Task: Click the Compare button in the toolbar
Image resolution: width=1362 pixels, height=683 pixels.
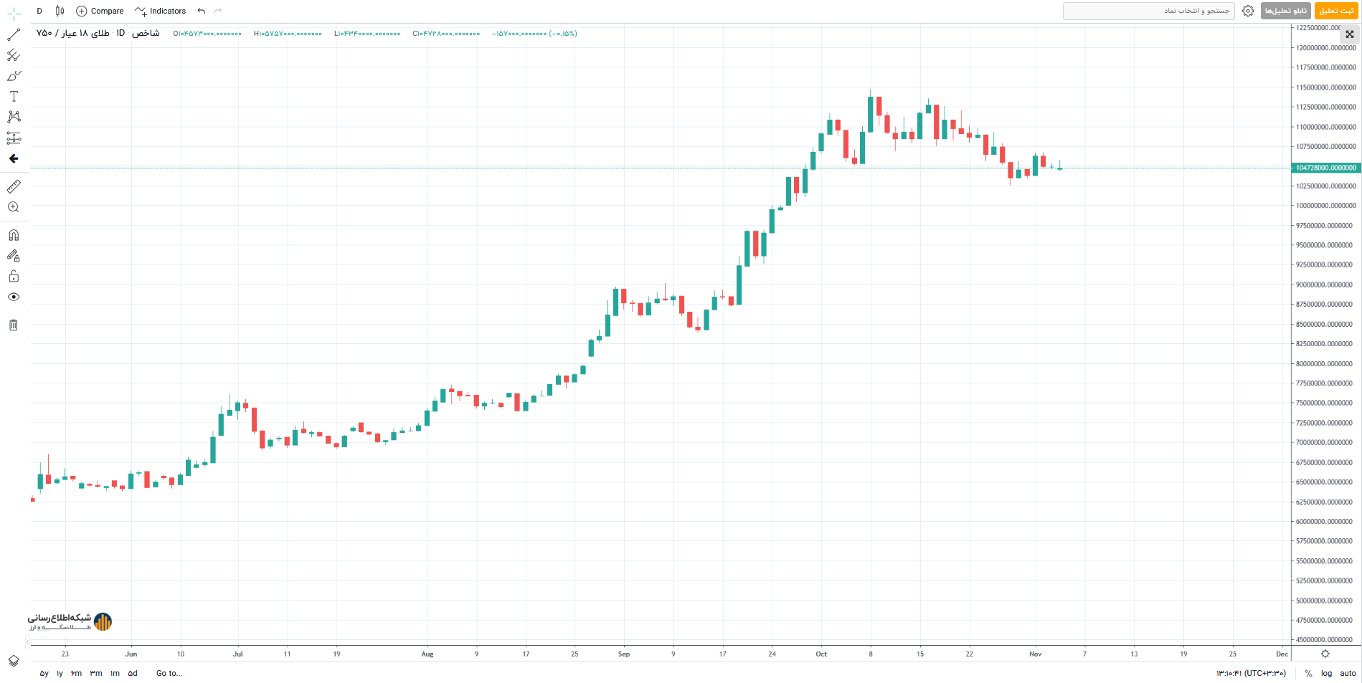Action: pos(100,11)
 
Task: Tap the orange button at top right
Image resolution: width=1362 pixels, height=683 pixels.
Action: pos(1336,11)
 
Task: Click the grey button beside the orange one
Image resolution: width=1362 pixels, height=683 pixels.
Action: pos(1285,11)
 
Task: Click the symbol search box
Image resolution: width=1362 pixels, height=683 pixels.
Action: pos(1148,11)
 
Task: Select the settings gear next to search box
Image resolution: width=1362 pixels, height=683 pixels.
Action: pos(1248,11)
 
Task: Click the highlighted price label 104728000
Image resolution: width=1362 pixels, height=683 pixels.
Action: pos(1325,168)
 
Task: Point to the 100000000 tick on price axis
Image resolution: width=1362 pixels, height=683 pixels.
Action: pos(1325,206)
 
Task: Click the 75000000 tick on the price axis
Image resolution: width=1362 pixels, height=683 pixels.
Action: pos(1325,403)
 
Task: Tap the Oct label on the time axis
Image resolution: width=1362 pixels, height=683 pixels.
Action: pos(821,654)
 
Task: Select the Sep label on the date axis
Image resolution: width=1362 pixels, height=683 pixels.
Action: pos(623,654)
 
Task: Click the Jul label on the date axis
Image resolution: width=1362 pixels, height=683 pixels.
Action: pos(237,654)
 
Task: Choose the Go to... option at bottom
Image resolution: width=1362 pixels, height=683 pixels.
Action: pos(169,673)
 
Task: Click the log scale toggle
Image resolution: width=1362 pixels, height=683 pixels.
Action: pos(1326,673)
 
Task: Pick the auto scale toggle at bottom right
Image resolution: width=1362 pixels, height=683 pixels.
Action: pos(1348,673)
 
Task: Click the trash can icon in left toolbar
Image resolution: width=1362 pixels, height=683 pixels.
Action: pos(14,325)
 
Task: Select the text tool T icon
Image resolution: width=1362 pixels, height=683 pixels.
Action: pos(14,96)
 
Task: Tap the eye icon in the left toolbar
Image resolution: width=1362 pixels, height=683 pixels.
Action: pos(14,297)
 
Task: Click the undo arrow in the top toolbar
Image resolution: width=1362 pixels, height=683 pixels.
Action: pos(202,11)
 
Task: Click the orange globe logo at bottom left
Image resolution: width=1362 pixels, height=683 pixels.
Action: pos(103,621)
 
